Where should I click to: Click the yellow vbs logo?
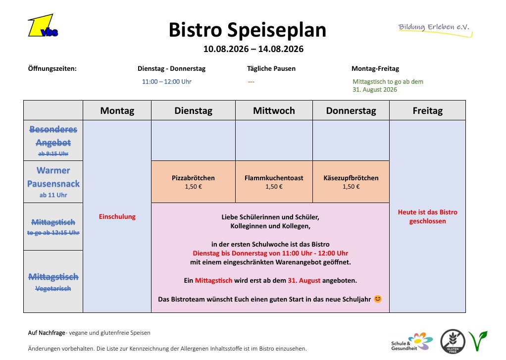[43, 26]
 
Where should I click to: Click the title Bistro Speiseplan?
[248, 30]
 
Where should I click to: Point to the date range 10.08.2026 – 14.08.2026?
[253, 49]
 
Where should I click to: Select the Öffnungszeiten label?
[52, 68]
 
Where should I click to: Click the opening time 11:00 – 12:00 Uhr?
[166, 82]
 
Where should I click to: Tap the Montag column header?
[117, 110]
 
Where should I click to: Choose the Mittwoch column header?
[274, 110]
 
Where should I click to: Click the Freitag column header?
[428, 110]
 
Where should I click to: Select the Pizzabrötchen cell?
[193, 182]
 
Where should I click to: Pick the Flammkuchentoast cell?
[274, 182]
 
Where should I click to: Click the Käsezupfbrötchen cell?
[351, 182]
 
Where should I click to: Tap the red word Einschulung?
[117, 217]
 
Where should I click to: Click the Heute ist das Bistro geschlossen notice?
[428, 217]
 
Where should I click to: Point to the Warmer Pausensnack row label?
[53, 182]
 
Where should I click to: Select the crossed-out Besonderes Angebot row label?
[53, 140]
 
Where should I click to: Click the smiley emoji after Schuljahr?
[378, 299]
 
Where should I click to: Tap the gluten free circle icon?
[453, 342]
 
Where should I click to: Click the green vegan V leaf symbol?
[478, 341]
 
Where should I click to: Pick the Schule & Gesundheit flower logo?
[412, 342]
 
